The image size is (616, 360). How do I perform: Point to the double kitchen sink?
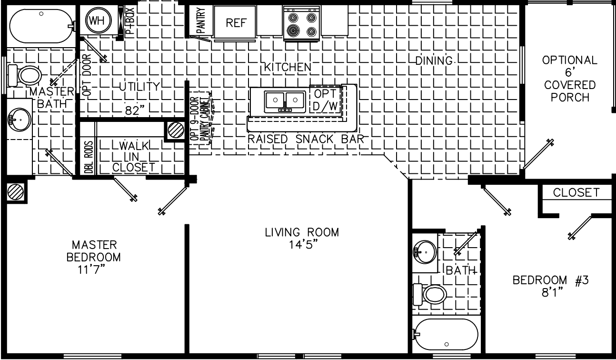click(x=285, y=100)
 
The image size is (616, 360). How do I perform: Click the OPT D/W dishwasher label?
click(x=326, y=100)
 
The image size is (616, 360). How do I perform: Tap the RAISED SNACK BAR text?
click(x=306, y=139)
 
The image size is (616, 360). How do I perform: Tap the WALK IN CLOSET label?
click(x=133, y=156)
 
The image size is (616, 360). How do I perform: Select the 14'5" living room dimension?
click(x=302, y=244)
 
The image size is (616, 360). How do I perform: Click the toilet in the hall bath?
click(x=430, y=295)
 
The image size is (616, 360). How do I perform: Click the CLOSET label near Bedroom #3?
click(x=576, y=192)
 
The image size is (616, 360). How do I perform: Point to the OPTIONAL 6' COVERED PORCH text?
click(x=569, y=79)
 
